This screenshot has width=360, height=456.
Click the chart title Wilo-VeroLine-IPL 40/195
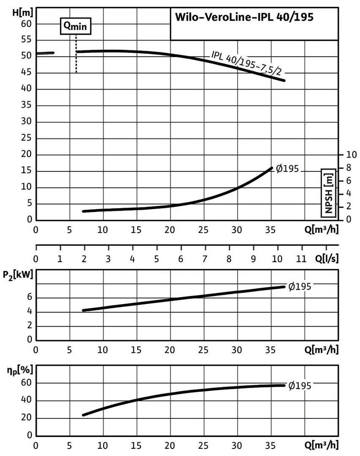pos(244,19)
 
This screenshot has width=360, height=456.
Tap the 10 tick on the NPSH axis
pos(351,154)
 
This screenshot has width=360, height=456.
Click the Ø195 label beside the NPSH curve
pos(287,169)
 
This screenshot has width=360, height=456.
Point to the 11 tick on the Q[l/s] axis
pos(301,258)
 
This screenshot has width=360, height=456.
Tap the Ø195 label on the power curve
pos(300,287)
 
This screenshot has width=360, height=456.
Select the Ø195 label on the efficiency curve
pos(300,385)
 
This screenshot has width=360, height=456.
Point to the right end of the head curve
pos(284,80)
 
